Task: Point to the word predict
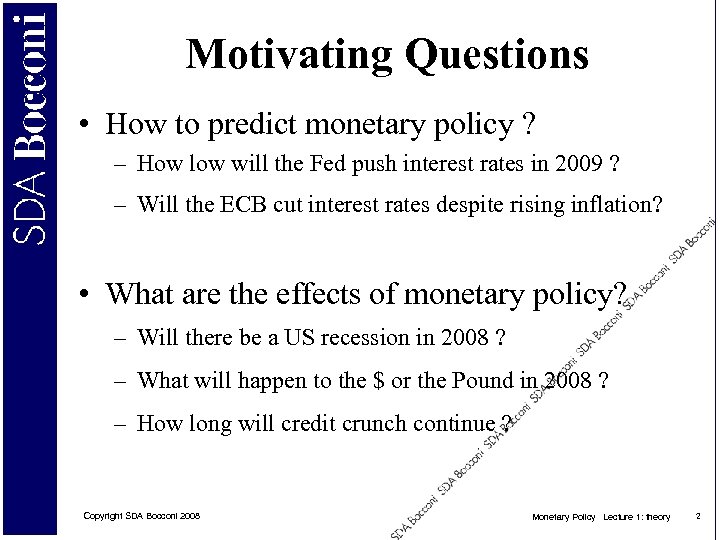[252, 125]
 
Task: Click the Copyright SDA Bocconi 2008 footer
[141, 516]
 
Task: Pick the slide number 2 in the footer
[698, 516]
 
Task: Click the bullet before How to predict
[89, 127]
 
